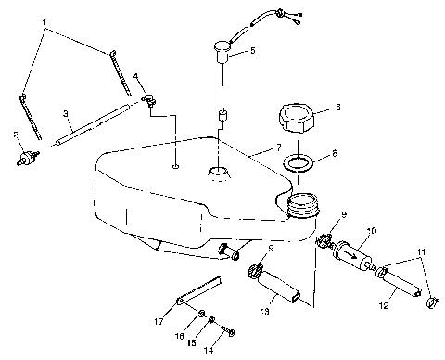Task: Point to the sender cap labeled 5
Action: coord(222,47)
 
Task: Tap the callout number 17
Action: coord(159,321)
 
